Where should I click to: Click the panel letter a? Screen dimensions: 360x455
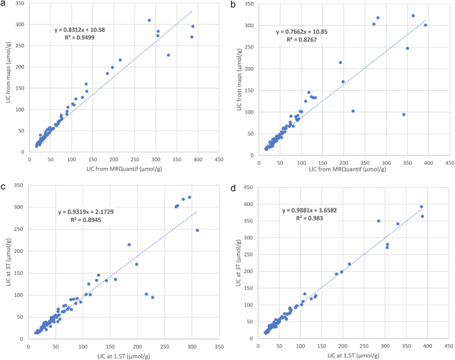4,6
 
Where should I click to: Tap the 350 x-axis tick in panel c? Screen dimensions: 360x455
219,347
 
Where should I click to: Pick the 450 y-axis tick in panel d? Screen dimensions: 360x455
248,187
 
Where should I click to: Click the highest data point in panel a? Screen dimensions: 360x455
149,21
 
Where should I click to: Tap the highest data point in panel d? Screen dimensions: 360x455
421,207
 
